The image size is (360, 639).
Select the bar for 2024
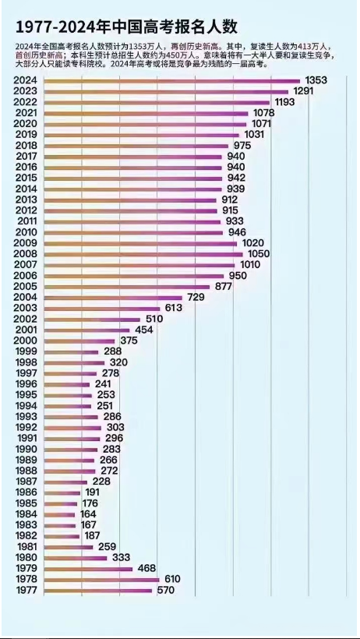[x=171, y=81]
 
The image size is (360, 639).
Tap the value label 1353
[x=316, y=81]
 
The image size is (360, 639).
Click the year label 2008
[x=26, y=254]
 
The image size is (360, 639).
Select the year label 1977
[x=26, y=591]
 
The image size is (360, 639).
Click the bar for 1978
[x=101, y=580]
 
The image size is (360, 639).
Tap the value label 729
[x=196, y=298]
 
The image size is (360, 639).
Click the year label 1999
[x=26, y=351]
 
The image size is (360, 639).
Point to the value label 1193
[x=287, y=102]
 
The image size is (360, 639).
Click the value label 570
[x=166, y=591]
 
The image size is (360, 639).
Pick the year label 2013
[x=26, y=199]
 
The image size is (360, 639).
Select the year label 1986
[x=26, y=492]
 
